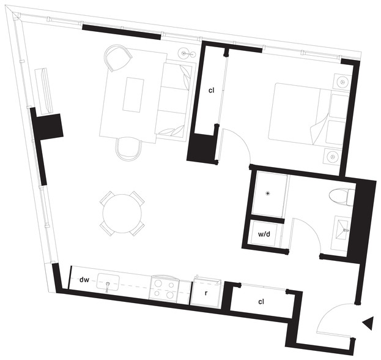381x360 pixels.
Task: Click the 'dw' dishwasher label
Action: [x=84, y=280]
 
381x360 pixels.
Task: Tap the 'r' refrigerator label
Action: [x=206, y=293]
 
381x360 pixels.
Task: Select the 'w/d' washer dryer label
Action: [x=264, y=234]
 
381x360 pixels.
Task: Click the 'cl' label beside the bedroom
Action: [x=212, y=90]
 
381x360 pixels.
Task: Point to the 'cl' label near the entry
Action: [x=261, y=302]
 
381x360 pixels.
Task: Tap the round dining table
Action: [x=122, y=214]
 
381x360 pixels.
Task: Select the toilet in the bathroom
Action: [x=341, y=197]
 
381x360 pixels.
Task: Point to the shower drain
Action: [x=268, y=193]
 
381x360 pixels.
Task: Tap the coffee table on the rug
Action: [x=132, y=95]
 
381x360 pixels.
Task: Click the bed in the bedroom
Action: [x=309, y=114]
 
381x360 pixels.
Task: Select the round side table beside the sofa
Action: [x=187, y=54]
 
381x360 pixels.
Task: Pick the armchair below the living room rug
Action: [x=129, y=149]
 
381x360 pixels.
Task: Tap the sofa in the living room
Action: [x=176, y=99]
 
